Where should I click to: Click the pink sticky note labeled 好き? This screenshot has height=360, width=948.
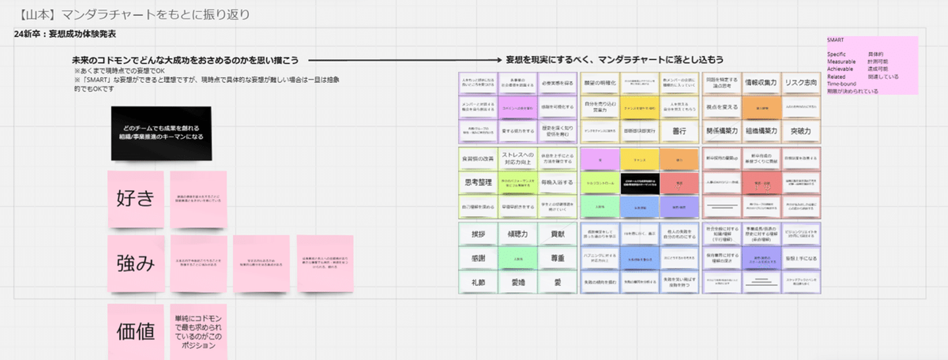click(x=135, y=199)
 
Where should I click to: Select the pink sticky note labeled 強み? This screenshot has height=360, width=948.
click(x=135, y=263)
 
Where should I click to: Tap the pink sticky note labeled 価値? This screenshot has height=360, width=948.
click(x=135, y=332)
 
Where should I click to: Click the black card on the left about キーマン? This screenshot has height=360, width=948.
click(x=161, y=133)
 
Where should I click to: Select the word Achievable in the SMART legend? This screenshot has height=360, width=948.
click(x=840, y=69)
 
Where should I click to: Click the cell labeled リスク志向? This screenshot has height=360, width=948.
click(x=801, y=83)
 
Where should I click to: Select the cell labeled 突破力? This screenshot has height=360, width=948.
click(x=801, y=131)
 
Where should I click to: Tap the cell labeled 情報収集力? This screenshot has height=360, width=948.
click(x=760, y=83)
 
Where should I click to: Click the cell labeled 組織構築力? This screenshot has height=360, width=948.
click(x=760, y=131)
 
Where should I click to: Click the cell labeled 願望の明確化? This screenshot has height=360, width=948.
click(x=600, y=83)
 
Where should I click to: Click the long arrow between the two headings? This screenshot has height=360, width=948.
click(x=402, y=61)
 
